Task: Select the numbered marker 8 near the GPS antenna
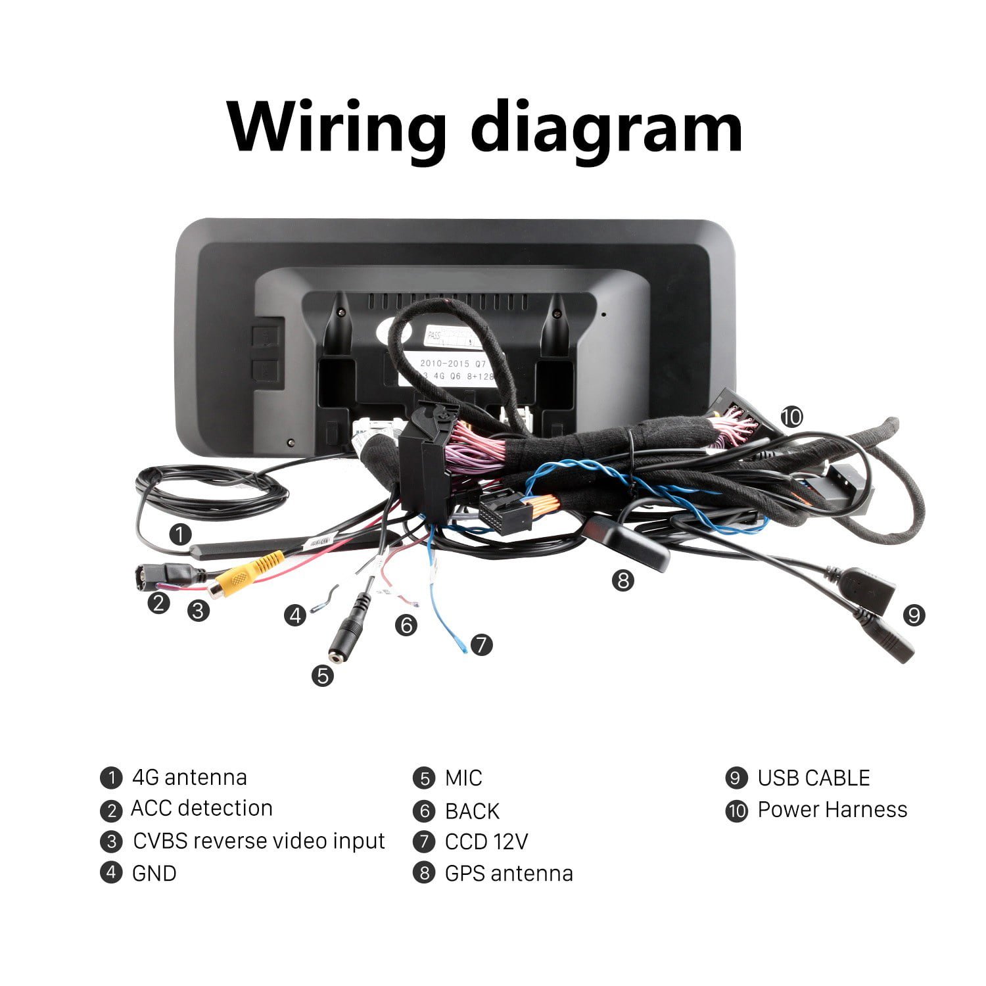(x=623, y=580)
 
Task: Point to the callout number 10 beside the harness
(x=792, y=416)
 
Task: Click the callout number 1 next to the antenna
(x=180, y=534)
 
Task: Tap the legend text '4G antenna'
(x=189, y=778)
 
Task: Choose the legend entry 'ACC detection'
(x=201, y=809)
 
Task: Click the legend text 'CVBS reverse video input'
(x=258, y=841)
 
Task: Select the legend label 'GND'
(x=154, y=874)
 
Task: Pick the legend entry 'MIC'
(x=463, y=778)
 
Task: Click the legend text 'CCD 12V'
(x=486, y=841)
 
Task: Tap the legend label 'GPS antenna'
(x=509, y=874)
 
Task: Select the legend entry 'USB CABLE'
(x=813, y=778)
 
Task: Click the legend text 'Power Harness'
(x=832, y=810)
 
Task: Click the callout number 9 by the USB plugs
(x=914, y=615)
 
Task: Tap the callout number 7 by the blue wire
(x=482, y=644)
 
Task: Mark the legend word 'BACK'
(x=472, y=811)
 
